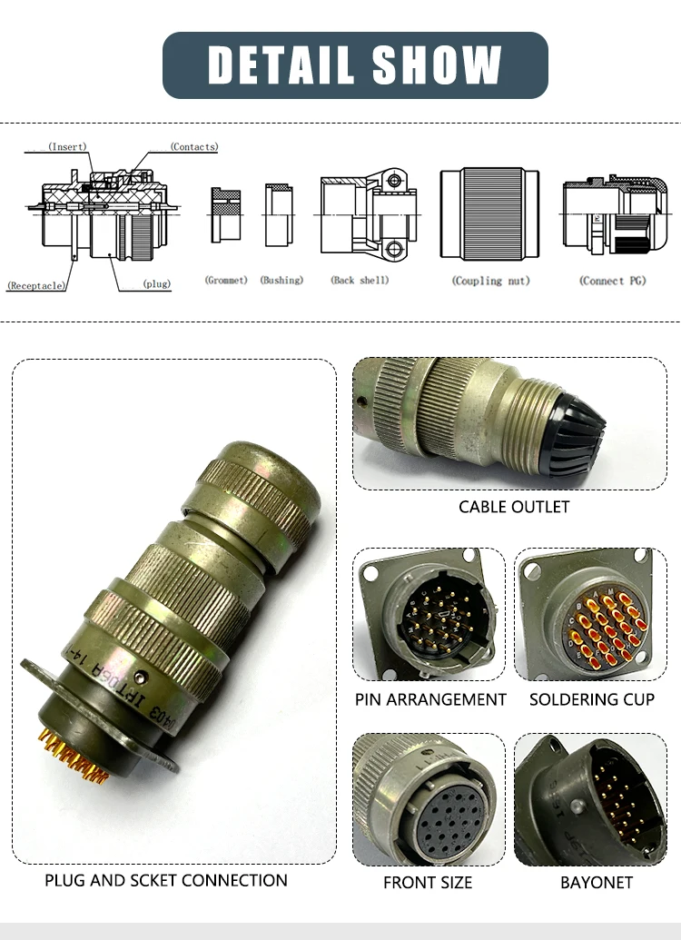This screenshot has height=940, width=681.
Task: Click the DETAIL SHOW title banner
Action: coord(355,64)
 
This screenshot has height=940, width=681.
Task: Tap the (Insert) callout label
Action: coord(67,146)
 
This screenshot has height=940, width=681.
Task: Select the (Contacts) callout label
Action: coord(194,146)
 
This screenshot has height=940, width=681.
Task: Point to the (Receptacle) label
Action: coord(36,285)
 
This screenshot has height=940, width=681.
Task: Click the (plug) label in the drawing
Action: coord(156,284)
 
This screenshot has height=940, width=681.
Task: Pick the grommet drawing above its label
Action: coord(226,215)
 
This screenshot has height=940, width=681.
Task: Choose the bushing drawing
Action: coord(279,215)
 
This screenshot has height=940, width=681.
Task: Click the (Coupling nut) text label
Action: coord(490,281)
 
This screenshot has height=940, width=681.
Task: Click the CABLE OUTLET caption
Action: coord(514,507)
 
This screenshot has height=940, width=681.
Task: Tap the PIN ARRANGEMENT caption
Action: coord(430,699)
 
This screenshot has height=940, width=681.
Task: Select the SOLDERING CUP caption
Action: coord(592,699)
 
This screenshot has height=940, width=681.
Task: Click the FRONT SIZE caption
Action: coord(429,882)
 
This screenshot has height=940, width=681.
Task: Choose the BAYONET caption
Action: coord(597,882)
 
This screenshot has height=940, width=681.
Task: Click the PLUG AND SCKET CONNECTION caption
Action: coord(166,880)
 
